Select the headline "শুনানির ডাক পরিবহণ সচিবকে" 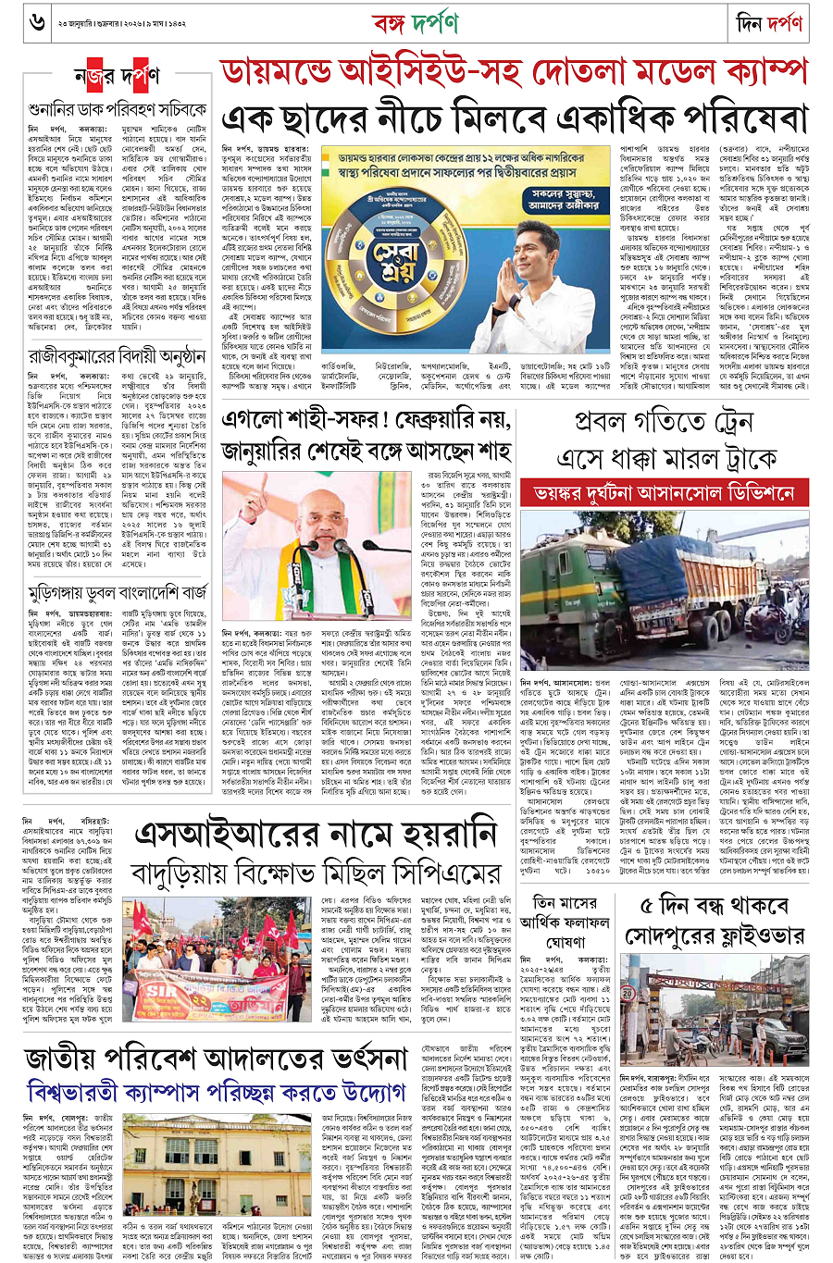[x=118, y=109]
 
